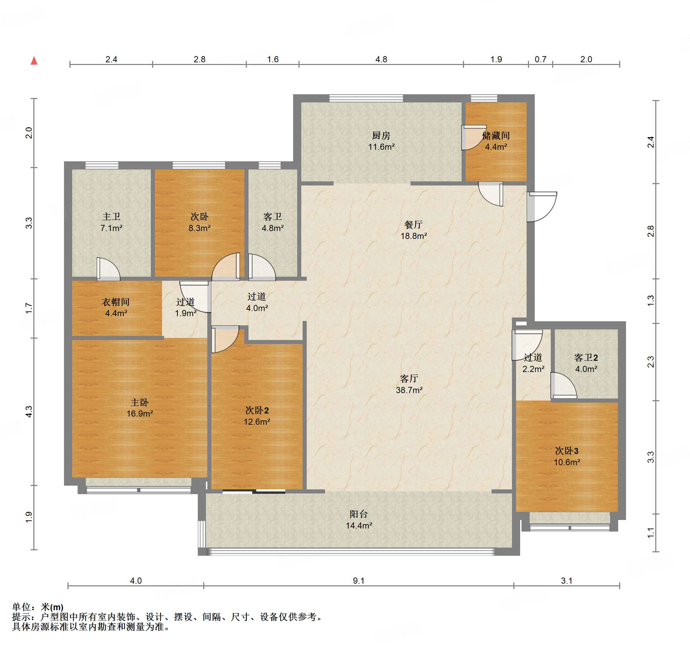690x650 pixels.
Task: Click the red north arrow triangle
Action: coord(34,61)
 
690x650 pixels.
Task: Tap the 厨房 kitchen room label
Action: coord(381,135)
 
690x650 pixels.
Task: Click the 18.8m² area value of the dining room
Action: coord(414,236)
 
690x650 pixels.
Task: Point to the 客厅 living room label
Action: coord(409,378)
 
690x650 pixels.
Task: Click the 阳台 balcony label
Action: coord(358,514)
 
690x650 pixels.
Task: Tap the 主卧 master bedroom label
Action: coord(140,402)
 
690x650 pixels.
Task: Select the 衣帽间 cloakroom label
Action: coord(116,302)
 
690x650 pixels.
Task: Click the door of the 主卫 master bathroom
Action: coord(108,269)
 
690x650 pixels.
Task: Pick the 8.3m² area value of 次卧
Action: coord(199,228)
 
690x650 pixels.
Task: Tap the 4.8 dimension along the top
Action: coord(381,59)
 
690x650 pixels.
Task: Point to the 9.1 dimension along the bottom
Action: coord(358,581)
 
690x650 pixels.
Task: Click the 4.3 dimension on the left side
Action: coord(29,411)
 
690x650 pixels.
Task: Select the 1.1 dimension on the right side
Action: coord(651,533)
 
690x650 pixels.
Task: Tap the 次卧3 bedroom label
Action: coord(567,451)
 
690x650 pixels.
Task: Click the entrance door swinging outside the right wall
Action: coord(542,207)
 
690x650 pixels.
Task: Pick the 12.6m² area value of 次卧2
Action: coord(257,422)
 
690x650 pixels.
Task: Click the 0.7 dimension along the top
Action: coord(541,59)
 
